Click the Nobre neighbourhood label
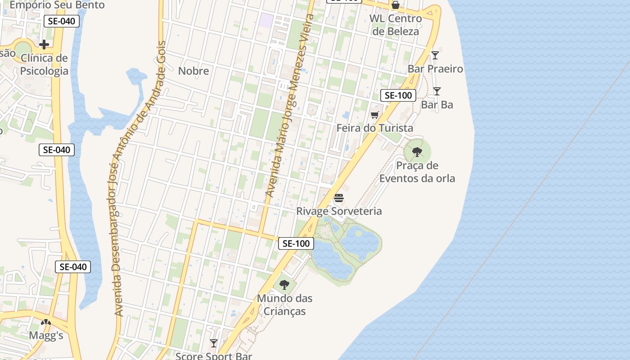click(x=193, y=71)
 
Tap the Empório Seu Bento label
click(x=57, y=5)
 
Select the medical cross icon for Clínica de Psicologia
click(x=44, y=44)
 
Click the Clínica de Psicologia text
click(x=44, y=64)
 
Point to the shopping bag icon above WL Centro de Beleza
click(x=395, y=5)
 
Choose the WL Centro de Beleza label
click(x=396, y=25)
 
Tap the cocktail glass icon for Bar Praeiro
click(x=435, y=55)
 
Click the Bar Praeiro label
click(x=435, y=69)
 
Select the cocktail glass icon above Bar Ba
click(x=436, y=91)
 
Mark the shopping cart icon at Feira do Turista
click(x=374, y=115)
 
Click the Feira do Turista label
click(x=375, y=128)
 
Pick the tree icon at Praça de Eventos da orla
click(x=417, y=152)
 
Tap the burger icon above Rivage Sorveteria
click(x=339, y=198)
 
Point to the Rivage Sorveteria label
click(x=339, y=211)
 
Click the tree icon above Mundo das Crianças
click(x=284, y=285)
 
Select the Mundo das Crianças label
click(x=284, y=305)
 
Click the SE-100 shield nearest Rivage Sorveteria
click(x=296, y=243)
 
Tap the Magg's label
click(x=46, y=336)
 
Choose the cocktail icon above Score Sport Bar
click(x=214, y=343)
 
